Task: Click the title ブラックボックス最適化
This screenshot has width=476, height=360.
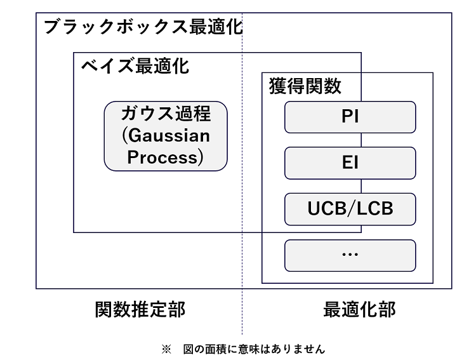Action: [143, 27]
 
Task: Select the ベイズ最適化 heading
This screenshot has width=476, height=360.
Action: [135, 66]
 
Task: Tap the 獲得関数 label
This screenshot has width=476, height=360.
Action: [305, 86]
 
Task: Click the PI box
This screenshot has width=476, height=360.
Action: [350, 117]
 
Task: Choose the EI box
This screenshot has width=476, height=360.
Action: [350, 163]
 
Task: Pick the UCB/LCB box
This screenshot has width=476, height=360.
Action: [350, 209]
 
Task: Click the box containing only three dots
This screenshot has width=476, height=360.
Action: [350, 255]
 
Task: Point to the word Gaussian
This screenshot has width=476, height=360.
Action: [169, 135]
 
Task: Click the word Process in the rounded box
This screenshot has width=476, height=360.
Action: [162, 157]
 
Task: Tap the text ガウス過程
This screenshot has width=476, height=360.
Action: [166, 113]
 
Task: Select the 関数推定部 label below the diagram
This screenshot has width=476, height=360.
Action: [140, 310]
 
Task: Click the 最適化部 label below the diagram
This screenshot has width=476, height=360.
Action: [359, 310]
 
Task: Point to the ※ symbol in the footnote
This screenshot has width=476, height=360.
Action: [166, 349]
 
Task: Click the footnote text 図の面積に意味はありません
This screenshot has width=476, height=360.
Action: [254, 349]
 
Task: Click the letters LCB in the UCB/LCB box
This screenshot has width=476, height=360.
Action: [375, 208]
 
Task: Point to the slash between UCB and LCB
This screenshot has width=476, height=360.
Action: [351, 208]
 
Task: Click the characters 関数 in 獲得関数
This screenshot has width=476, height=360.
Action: [323, 86]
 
